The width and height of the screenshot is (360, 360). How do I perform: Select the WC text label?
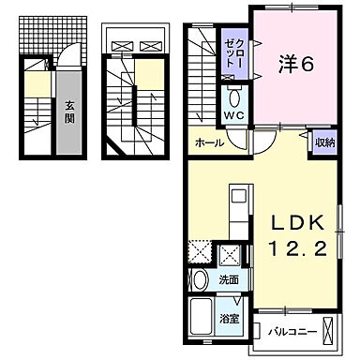pyautogui.click(x=232, y=116)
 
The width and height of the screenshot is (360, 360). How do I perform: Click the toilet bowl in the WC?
pyautogui.click(x=233, y=97)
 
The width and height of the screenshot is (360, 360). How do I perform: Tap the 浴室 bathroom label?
pyautogui.click(x=229, y=319)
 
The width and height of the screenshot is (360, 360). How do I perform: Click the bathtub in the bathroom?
pyautogui.click(x=202, y=322)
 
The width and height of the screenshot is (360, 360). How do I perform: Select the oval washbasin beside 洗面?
pyautogui.click(x=200, y=279)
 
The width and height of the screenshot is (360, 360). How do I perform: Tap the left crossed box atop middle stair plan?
pyautogui.click(x=120, y=44)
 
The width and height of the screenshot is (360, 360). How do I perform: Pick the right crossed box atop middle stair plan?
pyautogui.click(x=149, y=44)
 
